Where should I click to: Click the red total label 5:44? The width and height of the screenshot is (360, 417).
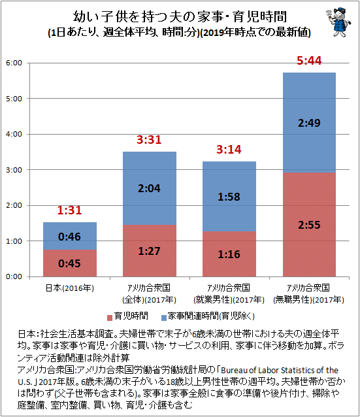point(309,61)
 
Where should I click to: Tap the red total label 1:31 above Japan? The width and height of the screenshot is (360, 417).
point(69,210)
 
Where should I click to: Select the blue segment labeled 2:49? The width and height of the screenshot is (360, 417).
point(309,123)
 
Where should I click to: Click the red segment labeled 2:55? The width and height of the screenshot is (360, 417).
point(309,225)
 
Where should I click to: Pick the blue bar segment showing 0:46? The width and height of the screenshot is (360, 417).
point(70,236)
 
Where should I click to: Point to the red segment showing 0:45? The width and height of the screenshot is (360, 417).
point(70,263)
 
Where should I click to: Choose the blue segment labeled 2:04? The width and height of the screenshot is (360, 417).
point(150,188)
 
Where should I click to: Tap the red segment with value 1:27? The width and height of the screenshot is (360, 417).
point(150,251)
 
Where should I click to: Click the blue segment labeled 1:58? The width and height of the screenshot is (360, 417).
point(229,197)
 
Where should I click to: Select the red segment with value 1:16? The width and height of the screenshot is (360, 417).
point(229,254)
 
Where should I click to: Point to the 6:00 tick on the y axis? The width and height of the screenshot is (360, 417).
point(14,63)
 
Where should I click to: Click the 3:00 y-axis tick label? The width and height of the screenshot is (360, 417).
point(14,170)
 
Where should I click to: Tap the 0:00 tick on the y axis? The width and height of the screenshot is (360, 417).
point(14,276)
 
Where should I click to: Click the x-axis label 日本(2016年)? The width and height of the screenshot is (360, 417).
point(70,288)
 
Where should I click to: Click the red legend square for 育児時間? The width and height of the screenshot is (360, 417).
point(110,318)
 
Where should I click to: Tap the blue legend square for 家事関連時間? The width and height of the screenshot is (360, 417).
point(164,318)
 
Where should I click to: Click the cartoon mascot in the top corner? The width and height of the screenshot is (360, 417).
point(338,22)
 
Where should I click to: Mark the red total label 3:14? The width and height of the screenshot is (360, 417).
point(229,150)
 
